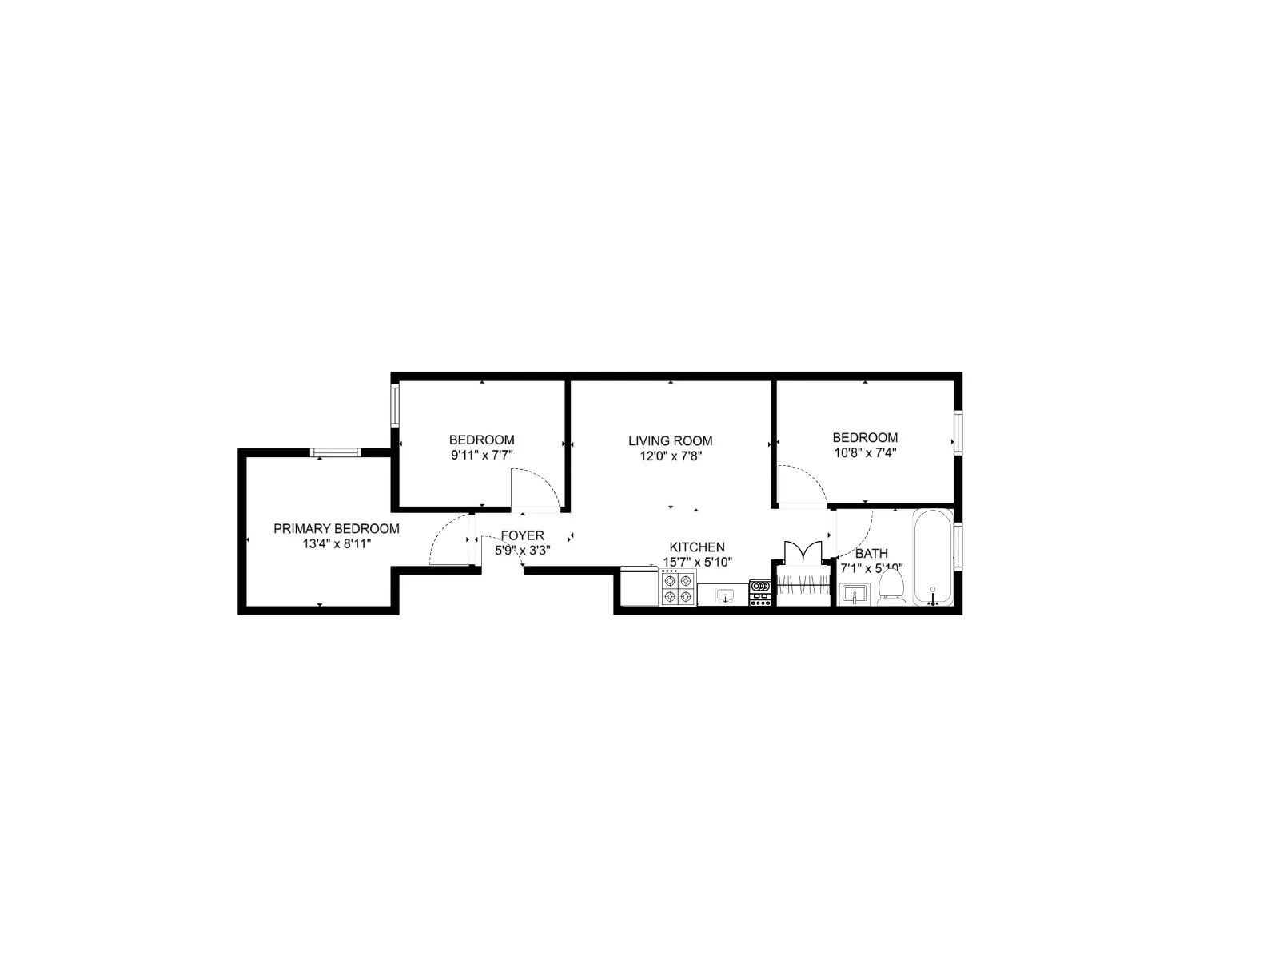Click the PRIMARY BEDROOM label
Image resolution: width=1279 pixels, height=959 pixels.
click(x=337, y=529)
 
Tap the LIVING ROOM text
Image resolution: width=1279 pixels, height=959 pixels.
click(x=670, y=440)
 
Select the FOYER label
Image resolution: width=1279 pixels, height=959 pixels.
click(x=522, y=535)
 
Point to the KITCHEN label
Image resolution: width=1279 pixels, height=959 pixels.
click(x=697, y=547)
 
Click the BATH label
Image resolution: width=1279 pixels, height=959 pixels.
click(x=871, y=553)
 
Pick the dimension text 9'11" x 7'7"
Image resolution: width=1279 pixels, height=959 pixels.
click(x=481, y=455)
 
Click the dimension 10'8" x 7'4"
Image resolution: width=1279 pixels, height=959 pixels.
click(x=865, y=452)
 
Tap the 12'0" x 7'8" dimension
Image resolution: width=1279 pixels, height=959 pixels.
click(x=670, y=456)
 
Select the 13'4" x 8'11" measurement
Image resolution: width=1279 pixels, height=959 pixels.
click(x=337, y=544)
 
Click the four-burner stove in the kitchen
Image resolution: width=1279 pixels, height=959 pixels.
click(x=678, y=587)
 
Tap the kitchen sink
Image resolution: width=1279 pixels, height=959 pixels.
click(x=725, y=595)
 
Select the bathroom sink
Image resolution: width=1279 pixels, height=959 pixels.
click(x=854, y=595)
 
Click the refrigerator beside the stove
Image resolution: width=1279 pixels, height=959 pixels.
click(x=639, y=586)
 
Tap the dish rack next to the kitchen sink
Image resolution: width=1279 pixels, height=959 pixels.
click(x=759, y=592)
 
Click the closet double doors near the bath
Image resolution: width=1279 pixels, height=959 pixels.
click(x=803, y=553)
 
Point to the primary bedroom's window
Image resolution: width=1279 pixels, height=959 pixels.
click(x=336, y=452)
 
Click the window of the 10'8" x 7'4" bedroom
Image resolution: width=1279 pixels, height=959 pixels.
click(x=957, y=432)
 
